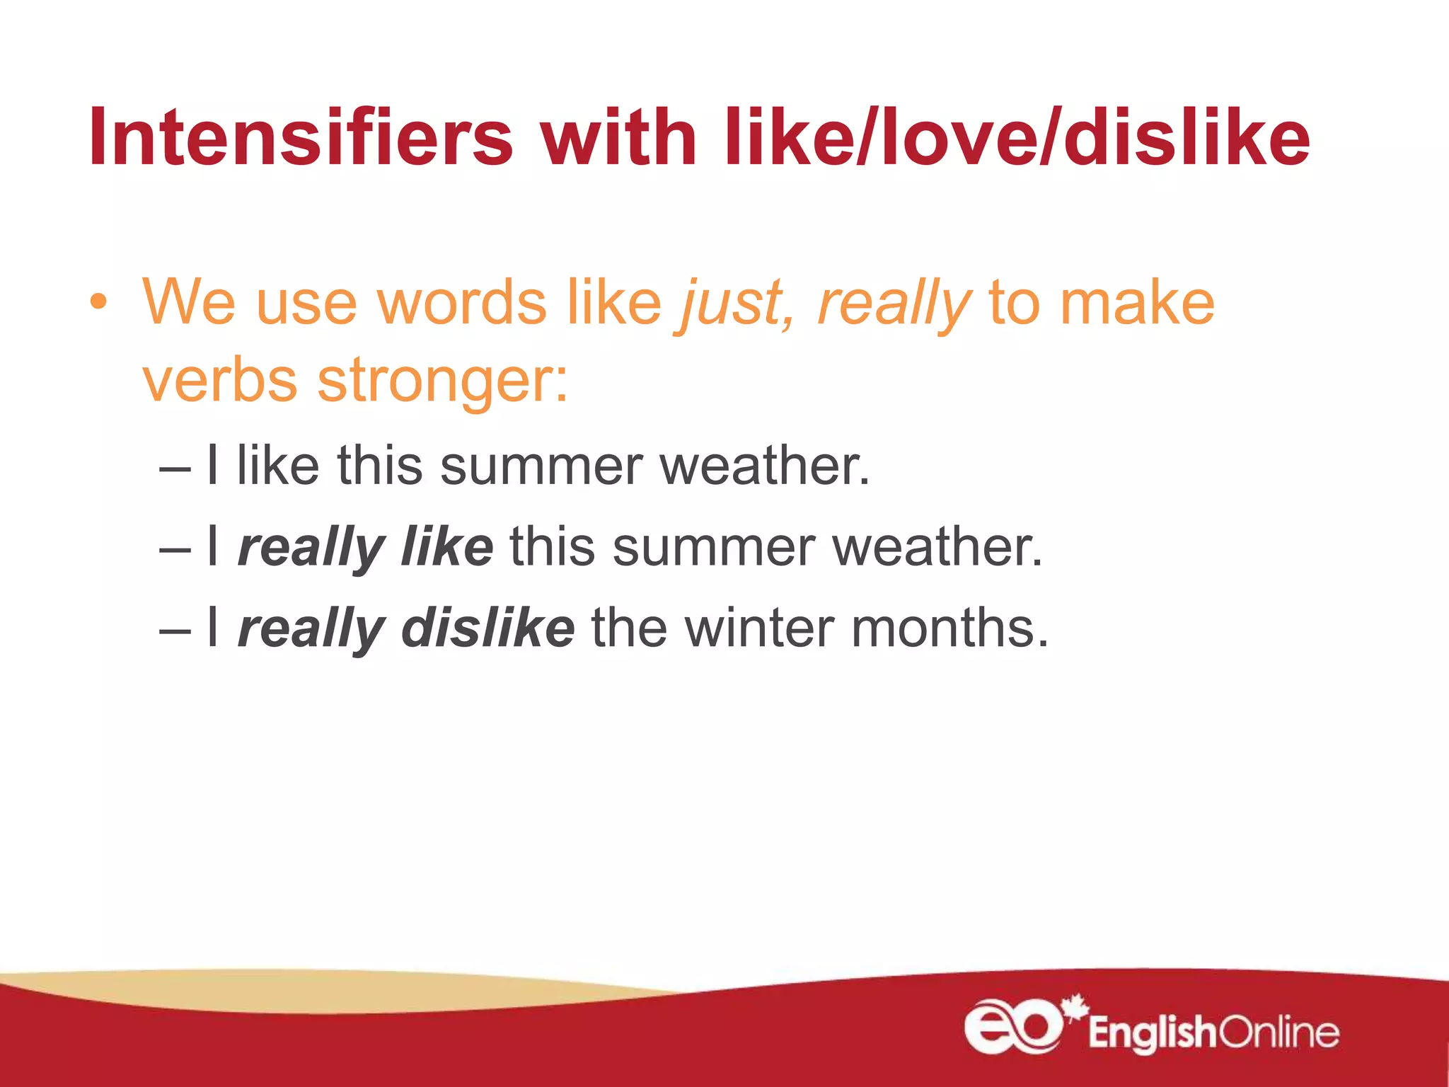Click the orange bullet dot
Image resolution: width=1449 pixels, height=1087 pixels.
(x=98, y=303)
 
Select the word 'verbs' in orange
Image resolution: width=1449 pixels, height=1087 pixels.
(x=220, y=381)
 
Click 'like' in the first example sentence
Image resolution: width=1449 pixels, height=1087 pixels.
(x=278, y=466)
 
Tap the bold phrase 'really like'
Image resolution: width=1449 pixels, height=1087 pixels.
(x=365, y=548)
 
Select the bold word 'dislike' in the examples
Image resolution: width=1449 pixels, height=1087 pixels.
(x=488, y=628)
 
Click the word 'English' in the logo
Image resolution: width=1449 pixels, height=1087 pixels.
(x=1152, y=1033)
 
